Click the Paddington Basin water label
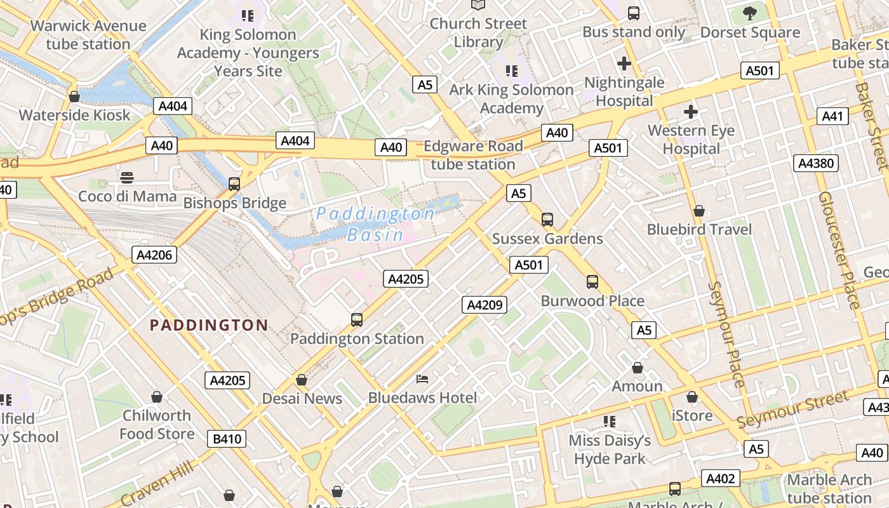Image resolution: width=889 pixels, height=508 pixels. pos(375,224)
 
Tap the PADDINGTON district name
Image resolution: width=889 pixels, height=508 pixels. pos(209,325)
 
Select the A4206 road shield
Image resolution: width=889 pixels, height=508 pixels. pos(154,255)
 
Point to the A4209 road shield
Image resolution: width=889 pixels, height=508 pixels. pos(485,305)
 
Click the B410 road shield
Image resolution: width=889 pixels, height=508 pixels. pos(226,439)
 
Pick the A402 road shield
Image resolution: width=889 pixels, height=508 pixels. pos(721,479)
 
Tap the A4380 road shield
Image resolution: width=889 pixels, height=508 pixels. pos(816,163)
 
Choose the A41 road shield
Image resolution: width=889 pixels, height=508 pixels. pos(832,116)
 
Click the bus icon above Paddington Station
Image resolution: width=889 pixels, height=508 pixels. pos(357,319)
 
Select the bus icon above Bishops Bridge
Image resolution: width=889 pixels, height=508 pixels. pos(234,184)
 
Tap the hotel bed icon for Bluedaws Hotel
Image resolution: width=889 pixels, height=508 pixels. pos(422,379)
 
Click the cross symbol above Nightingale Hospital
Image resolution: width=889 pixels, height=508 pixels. pos(624,63)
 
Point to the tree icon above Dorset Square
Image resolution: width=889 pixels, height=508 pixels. pos(750,13)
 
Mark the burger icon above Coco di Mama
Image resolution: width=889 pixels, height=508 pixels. pos(127,177)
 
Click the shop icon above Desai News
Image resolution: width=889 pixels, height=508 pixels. pos(302,380)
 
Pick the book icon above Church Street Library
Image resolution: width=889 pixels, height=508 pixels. pos(478,5)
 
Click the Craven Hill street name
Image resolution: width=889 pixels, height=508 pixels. pos(157,483)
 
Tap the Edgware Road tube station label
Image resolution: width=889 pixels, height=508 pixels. pos(473,155)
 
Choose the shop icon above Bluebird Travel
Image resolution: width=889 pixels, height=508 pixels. pos(699,210)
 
